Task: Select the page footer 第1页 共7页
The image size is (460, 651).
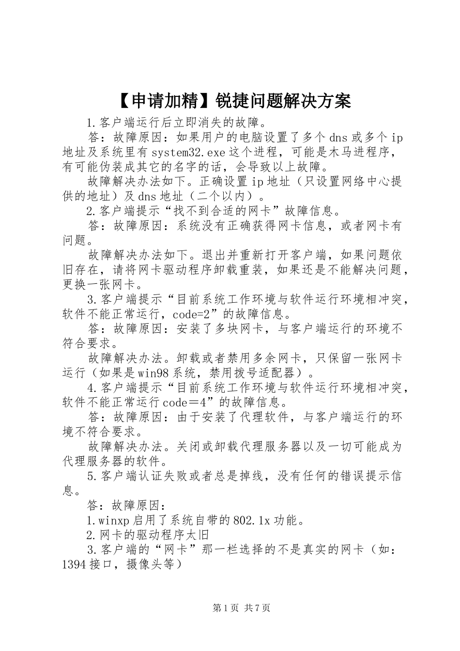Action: [x=241, y=608]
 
